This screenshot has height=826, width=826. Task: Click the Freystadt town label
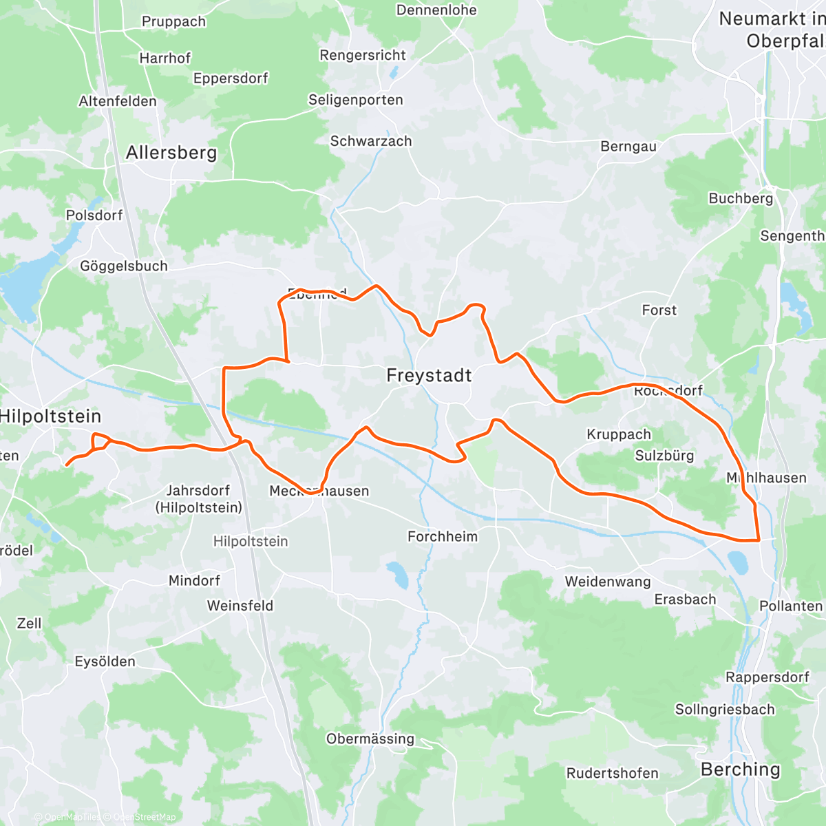pyautogui.click(x=429, y=375)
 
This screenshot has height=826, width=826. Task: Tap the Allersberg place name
pyautogui.click(x=171, y=153)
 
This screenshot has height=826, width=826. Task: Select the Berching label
pyautogui.click(x=741, y=770)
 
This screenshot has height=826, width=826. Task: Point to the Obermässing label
pyautogui.click(x=370, y=739)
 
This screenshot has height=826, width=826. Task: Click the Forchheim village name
pyautogui.click(x=443, y=536)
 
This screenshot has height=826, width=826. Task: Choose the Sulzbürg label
pyautogui.click(x=664, y=456)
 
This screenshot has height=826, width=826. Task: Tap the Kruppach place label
pyautogui.click(x=619, y=434)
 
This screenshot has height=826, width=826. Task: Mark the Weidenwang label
pyautogui.click(x=608, y=582)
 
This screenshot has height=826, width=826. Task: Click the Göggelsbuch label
pyautogui.click(x=124, y=266)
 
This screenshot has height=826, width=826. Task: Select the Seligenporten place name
pyautogui.click(x=355, y=100)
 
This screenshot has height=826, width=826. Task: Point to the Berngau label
pyautogui.click(x=628, y=147)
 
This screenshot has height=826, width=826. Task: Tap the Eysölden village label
pyautogui.click(x=105, y=661)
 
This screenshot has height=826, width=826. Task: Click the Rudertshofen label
pyautogui.click(x=612, y=773)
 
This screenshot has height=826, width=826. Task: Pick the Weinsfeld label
pyautogui.click(x=240, y=606)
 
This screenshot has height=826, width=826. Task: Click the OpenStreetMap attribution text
pyautogui.click(x=144, y=817)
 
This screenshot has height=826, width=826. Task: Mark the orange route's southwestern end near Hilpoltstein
pyautogui.click(x=66, y=465)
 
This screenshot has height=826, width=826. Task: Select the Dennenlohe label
pyautogui.click(x=436, y=10)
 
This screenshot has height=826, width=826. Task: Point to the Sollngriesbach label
pyautogui.click(x=725, y=709)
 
